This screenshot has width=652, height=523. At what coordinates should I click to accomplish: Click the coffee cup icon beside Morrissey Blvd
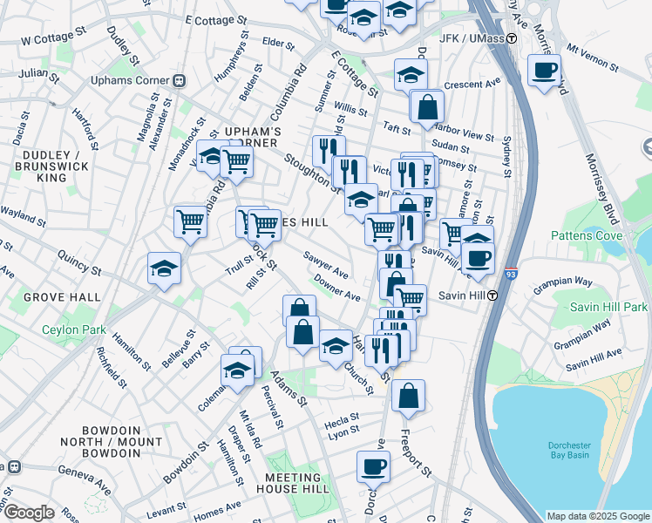click(545, 70)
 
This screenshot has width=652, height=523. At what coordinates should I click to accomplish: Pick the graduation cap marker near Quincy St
click(164, 269)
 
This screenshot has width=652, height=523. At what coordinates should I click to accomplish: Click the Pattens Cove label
click(587, 235)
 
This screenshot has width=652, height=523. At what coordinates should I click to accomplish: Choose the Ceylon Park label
click(74, 329)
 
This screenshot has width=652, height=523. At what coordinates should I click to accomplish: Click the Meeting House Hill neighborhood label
click(293, 483)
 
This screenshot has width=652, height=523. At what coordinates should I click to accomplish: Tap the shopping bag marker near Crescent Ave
click(428, 108)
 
